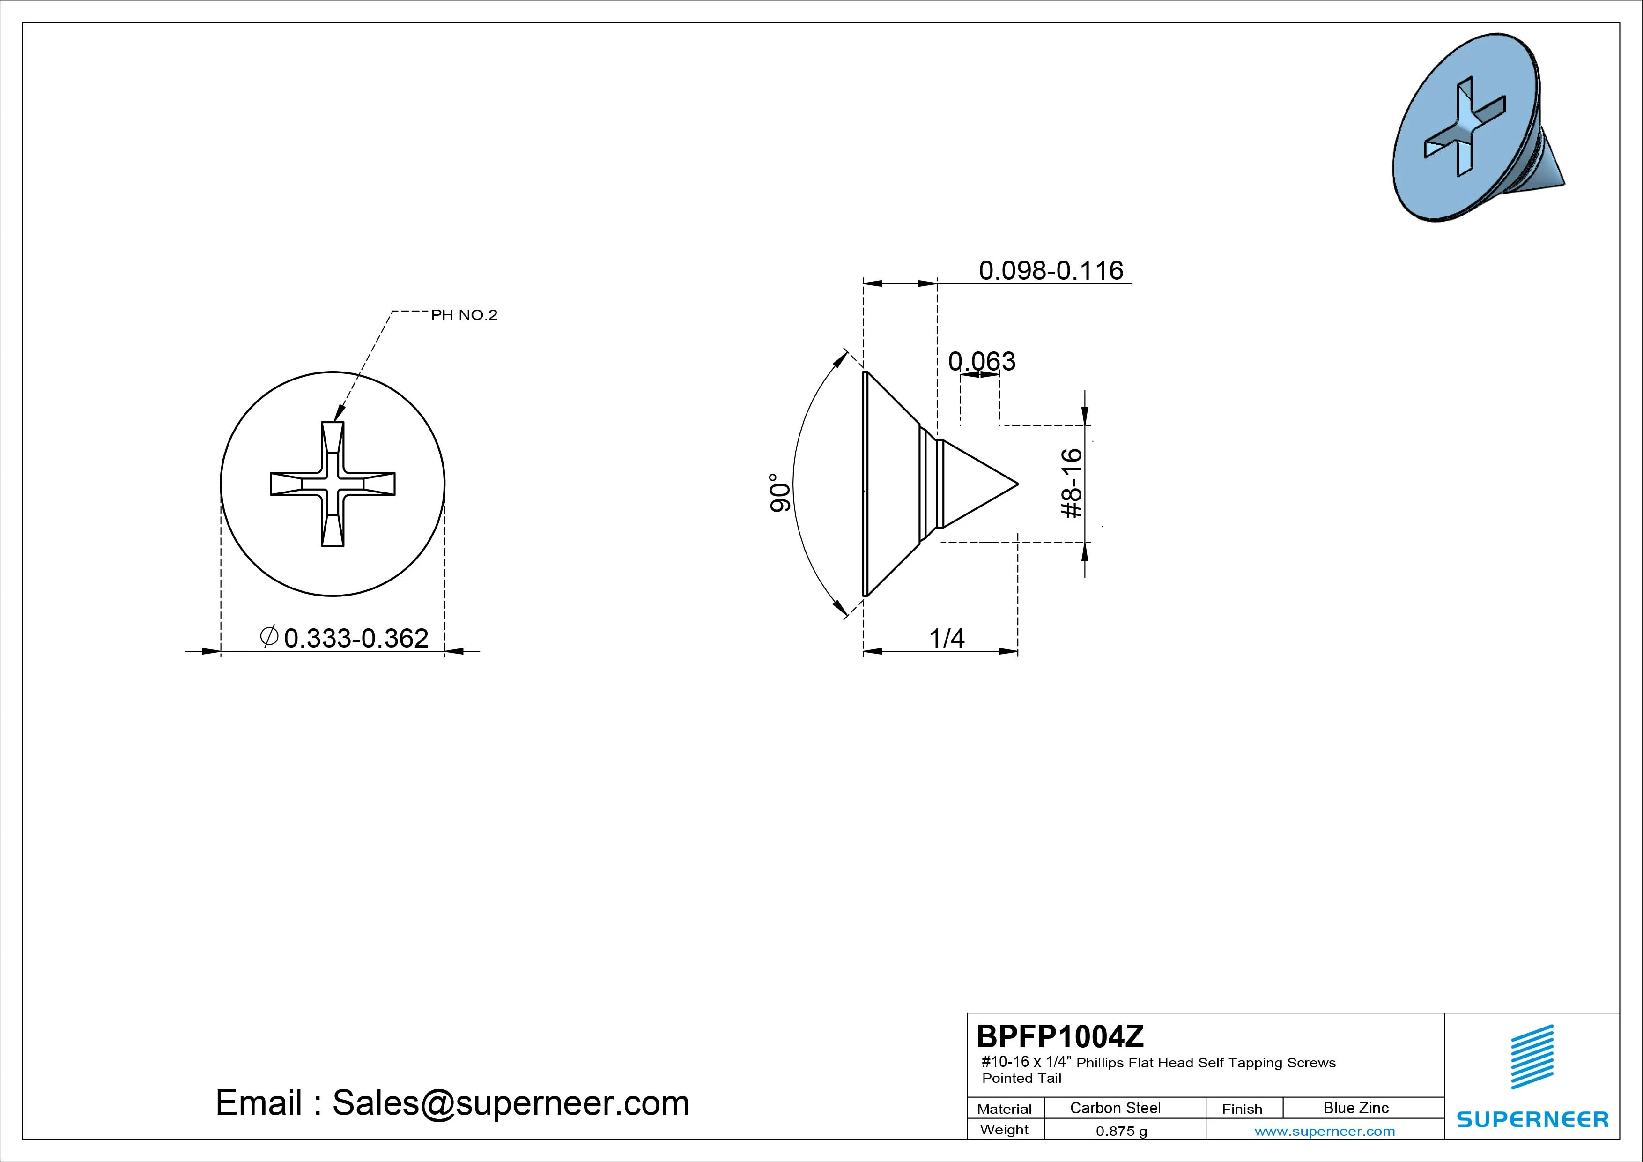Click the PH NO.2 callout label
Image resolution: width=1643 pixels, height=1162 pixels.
(x=464, y=315)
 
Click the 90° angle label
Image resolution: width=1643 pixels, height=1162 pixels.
(x=780, y=492)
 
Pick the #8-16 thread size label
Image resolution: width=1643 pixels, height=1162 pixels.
(x=1071, y=483)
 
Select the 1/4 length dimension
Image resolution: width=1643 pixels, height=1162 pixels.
(x=947, y=637)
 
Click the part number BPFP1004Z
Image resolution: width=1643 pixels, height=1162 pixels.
(x=1060, y=1036)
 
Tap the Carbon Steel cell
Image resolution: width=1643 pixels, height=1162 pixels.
(x=1115, y=1108)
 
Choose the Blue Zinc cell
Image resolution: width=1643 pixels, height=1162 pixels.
(x=1356, y=1108)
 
